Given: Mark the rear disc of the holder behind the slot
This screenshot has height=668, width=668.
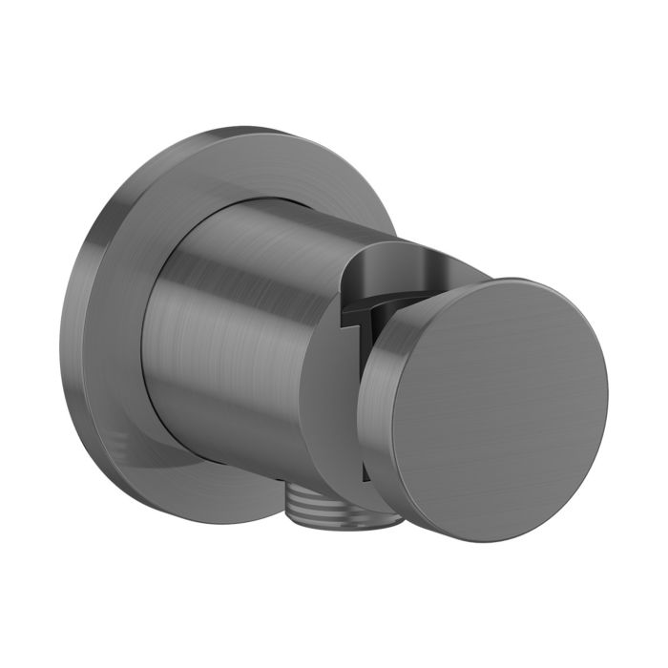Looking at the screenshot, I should [329, 401].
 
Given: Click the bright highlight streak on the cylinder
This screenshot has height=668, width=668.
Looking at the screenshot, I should [205, 286].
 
